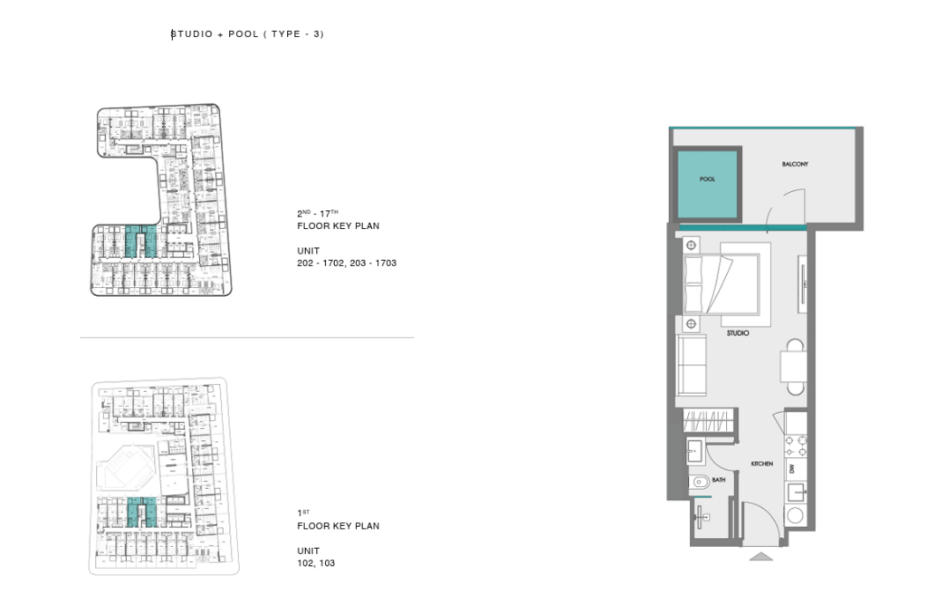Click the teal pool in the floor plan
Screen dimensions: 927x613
[707, 184]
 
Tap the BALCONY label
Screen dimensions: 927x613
[795, 164]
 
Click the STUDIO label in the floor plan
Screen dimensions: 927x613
[737, 333]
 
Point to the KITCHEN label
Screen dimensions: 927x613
[761, 464]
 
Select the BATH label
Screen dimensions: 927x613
[718, 480]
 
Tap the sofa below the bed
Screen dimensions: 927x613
[691, 365]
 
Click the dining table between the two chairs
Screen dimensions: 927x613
[793, 367]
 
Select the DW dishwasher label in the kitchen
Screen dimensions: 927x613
[791, 469]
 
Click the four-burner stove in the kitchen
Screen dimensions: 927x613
[796, 446]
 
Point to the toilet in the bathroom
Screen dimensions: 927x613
[699, 482]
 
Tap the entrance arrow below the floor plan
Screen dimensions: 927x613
[760, 556]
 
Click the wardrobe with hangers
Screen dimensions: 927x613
[709, 421]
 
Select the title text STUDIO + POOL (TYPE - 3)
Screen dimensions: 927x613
[247, 34]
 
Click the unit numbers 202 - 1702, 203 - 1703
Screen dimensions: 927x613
[347, 263]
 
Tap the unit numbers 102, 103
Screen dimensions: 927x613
[316, 563]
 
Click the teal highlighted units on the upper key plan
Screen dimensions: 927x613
[140, 241]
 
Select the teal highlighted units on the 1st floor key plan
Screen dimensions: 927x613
[142, 512]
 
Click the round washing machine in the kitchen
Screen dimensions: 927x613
[795, 515]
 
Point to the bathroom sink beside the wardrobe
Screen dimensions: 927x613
[694, 452]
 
